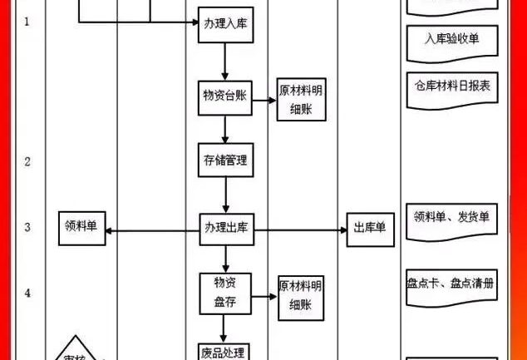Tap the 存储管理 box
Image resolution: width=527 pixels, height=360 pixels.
224,160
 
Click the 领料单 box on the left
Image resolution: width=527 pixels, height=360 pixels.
83,228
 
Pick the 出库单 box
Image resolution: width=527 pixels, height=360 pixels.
370,228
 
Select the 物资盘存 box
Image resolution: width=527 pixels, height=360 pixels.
225,292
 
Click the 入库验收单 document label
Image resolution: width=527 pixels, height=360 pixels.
451,38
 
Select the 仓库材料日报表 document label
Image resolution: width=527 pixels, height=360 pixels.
451,85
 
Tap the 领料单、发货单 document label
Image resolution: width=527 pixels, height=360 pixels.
451,217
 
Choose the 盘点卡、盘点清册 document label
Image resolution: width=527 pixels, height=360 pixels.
451,284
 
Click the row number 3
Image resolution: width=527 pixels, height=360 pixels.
27,227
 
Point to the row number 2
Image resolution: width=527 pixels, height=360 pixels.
27,161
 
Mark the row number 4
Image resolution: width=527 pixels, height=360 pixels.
27,293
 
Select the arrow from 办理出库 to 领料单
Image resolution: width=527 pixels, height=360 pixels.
153,229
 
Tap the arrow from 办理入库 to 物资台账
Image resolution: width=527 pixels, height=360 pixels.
224,62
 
